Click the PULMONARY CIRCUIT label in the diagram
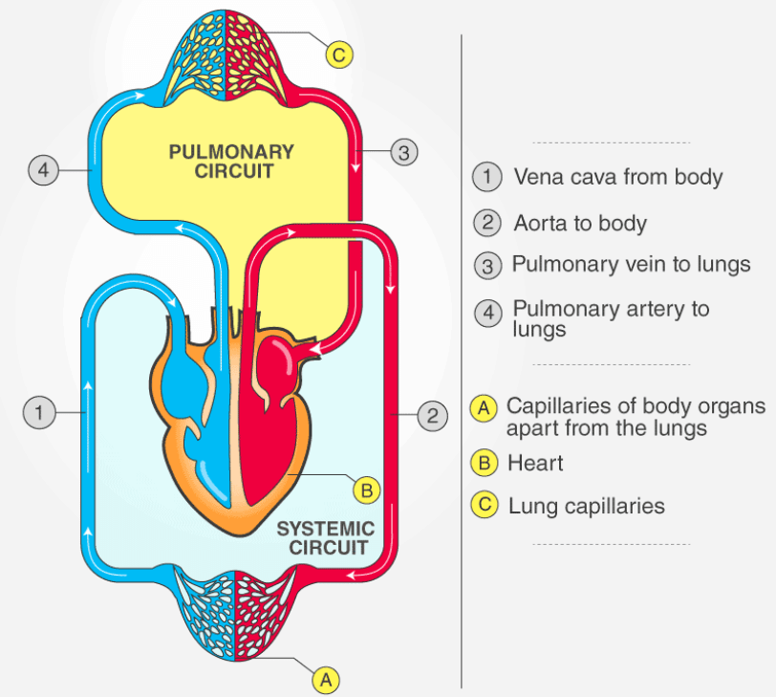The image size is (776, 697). [231, 162]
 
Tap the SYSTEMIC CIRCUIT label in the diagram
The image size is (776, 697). [325, 538]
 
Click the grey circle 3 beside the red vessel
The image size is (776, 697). [404, 152]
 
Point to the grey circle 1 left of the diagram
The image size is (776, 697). [38, 413]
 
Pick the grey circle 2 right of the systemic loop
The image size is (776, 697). [432, 415]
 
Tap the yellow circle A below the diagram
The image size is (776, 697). [326, 679]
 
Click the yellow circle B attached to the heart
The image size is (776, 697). [366, 490]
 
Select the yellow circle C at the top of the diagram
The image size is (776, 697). [338, 54]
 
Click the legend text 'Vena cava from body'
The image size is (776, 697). [617, 177]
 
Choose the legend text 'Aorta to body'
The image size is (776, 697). [580, 224]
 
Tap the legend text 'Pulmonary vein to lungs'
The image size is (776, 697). [631, 264]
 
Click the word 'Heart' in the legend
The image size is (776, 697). [535, 464]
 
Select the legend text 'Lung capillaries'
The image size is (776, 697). [586, 506]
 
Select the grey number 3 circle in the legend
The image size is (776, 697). [488, 265]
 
